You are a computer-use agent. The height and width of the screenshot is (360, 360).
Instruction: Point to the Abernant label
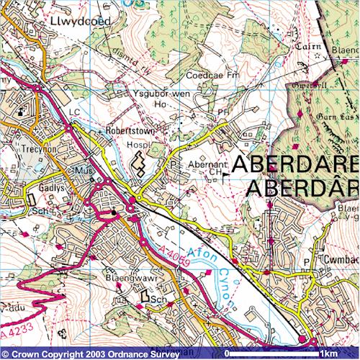(x=203, y=163)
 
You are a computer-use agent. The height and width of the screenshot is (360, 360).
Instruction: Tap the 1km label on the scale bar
(x=329, y=354)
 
